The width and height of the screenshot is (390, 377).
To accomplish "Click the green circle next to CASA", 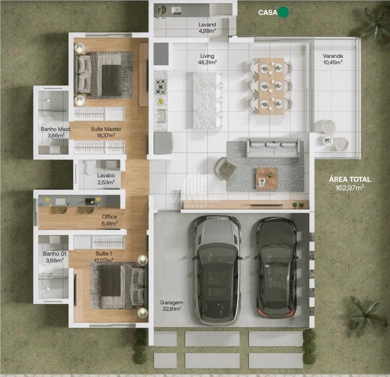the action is pyautogui.click(x=283, y=12).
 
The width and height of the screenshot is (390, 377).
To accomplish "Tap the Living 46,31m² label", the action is pyautogui.click(x=207, y=59).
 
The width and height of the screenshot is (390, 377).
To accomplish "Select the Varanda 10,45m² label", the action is pyautogui.click(x=333, y=59).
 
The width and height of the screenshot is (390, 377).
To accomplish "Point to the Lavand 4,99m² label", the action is pyautogui.click(x=207, y=27).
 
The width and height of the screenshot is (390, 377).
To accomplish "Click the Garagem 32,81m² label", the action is pyautogui.click(x=172, y=306).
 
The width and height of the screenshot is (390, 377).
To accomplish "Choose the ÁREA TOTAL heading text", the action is pyautogui.click(x=350, y=179).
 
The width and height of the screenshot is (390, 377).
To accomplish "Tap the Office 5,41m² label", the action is pyautogui.click(x=109, y=220).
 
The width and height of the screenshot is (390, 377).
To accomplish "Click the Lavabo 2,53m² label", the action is pyautogui.click(x=106, y=179).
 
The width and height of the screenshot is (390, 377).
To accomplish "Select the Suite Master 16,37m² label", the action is pyautogui.click(x=106, y=132).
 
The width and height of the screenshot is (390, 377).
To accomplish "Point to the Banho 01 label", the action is pyautogui.click(x=54, y=253).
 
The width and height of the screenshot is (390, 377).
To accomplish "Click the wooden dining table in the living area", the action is pyautogui.click(x=271, y=86).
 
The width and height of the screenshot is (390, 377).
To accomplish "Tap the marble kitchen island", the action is pyautogui.click(x=204, y=100).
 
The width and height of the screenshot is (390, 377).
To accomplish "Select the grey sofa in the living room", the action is pyautogui.click(x=273, y=147).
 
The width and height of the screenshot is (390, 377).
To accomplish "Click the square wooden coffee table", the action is pyautogui.click(x=267, y=179).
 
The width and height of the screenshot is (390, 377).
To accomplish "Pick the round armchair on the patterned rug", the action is pyautogui.click(x=225, y=168).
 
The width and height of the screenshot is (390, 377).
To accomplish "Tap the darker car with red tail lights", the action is pyautogui.click(x=276, y=268).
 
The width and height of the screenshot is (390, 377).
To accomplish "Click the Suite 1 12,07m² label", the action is pyautogui.click(x=104, y=257).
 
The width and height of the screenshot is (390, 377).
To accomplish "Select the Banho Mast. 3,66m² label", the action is pyautogui.click(x=56, y=132).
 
